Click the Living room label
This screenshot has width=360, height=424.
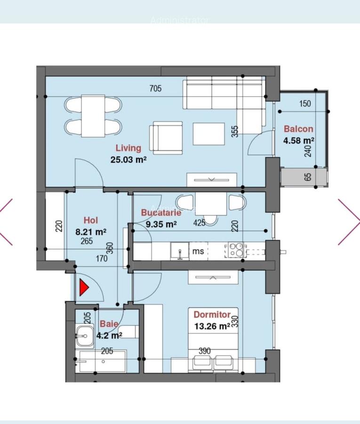128,148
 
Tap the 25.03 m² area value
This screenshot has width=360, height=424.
128,160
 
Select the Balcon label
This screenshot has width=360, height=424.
298,129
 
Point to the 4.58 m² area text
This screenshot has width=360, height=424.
299,140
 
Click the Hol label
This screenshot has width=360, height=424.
90,220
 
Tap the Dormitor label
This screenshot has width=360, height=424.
212,315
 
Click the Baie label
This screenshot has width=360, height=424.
109,324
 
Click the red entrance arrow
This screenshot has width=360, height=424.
84,288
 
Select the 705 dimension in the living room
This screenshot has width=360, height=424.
155,89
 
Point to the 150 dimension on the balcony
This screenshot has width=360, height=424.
305,104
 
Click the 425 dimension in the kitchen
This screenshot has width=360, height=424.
200,223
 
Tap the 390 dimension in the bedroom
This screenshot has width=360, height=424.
204,351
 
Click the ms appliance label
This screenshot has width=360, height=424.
199,251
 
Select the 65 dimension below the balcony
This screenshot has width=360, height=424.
308,177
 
